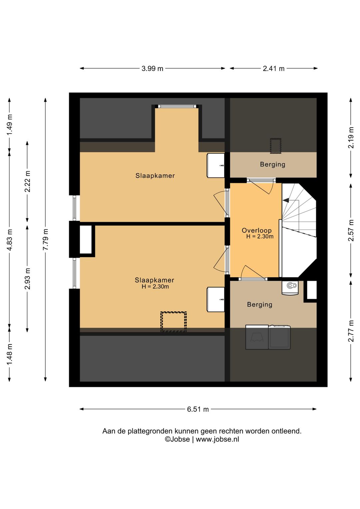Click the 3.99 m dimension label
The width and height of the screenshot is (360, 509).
(x=152, y=68)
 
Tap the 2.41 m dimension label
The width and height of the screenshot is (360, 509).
(x=273, y=68)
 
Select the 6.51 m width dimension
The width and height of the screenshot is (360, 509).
(x=198, y=409)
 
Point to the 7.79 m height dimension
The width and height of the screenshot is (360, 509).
(x=46, y=239)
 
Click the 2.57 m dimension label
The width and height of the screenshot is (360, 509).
(x=351, y=230)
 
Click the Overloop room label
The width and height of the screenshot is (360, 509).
(x=256, y=230)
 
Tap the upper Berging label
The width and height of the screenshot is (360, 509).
(x=273, y=164)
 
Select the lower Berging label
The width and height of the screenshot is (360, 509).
(x=260, y=305)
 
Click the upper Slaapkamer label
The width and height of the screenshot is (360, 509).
(x=155, y=176)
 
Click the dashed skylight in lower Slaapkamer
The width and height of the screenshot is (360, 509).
(x=174, y=322)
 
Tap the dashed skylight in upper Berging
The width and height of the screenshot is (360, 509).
(x=276, y=146)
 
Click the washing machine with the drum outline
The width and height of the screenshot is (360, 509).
(x=257, y=337)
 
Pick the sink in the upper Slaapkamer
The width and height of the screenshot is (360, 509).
(x=216, y=165)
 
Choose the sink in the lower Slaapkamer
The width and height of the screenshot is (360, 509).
(x=216, y=300)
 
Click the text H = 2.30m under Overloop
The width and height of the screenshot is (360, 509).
(x=260, y=236)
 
